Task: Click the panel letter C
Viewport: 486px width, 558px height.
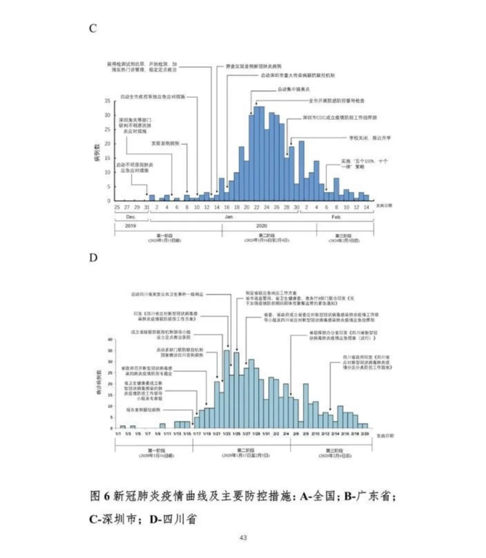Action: click(x=93, y=28)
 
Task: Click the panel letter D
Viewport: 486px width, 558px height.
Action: click(x=93, y=258)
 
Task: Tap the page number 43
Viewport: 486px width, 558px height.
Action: click(x=243, y=537)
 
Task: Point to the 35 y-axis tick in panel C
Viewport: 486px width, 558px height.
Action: click(x=108, y=101)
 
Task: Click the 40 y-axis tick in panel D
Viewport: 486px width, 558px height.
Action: click(x=110, y=339)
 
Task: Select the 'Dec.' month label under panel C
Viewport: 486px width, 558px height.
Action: click(x=130, y=217)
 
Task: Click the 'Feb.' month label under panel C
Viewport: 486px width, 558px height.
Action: click(x=336, y=217)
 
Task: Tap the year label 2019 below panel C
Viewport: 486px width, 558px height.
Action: click(x=130, y=226)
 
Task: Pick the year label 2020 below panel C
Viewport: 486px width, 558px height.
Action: click(x=261, y=226)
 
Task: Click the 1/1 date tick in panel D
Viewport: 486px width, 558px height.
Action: click(x=118, y=434)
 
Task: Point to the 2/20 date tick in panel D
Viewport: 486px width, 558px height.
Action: click(x=364, y=434)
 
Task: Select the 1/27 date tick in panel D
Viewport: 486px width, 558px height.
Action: click(x=246, y=434)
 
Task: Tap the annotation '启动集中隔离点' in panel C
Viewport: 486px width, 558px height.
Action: click(x=293, y=89)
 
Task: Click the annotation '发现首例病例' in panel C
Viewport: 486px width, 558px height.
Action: click(x=165, y=143)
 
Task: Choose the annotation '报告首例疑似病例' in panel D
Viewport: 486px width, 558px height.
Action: click(x=144, y=410)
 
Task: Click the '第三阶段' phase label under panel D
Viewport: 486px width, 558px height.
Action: click(x=335, y=450)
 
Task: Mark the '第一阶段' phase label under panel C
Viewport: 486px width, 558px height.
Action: click(x=165, y=236)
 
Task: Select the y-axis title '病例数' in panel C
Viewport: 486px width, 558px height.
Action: click(x=97, y=152)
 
